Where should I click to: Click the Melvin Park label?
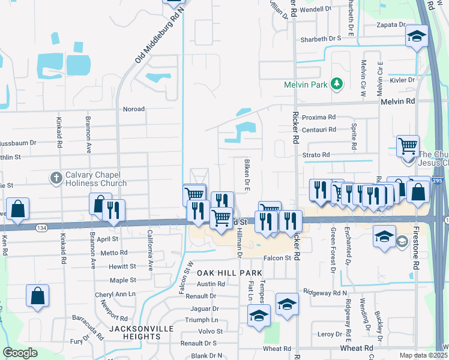[306, 85]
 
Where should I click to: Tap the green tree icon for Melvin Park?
[337, 84]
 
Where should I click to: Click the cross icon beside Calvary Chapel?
[56, 178]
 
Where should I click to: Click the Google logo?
[20, 353]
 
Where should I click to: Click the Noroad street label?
[134, 109]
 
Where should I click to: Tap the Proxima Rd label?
[319, 117]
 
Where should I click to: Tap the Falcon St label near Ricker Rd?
[279, 258]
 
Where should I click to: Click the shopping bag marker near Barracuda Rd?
[37, 296]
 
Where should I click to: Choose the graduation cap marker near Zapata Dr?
[417, 37]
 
